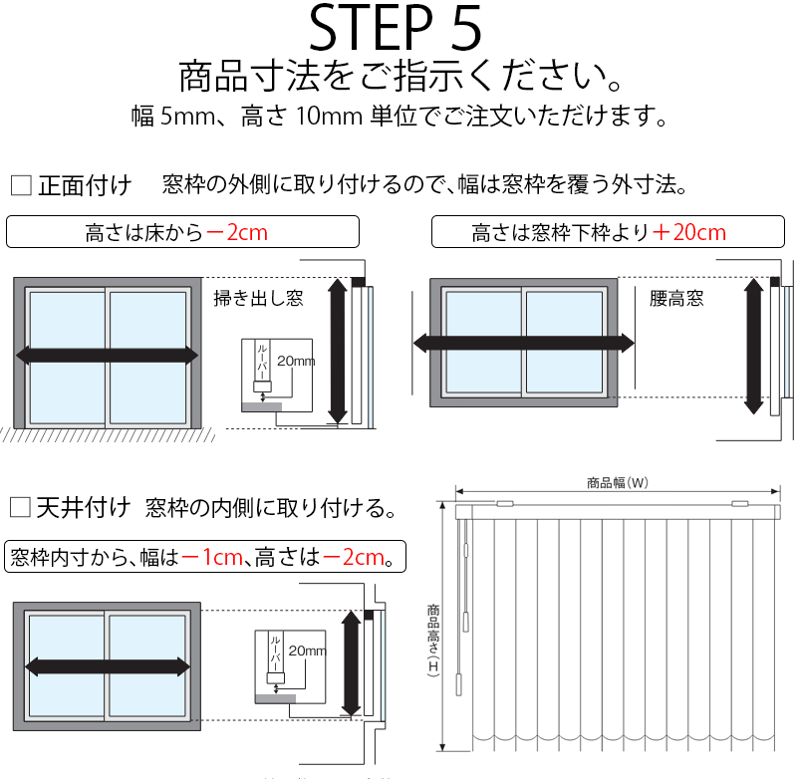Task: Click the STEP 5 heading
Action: tap(397, 29)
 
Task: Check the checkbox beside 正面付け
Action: tap(20, 185)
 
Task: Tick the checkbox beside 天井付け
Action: tap(20, 507)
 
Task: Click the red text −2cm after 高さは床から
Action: tap(236, 233)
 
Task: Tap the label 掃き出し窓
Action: tap(259, 298)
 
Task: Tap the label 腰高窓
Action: tap(676, 298)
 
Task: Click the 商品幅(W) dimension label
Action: tap(618, 483)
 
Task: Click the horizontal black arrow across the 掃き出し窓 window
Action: tap(108, 356)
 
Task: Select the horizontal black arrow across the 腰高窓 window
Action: tap(523, 344)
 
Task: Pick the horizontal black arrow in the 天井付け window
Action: tap(108, 665)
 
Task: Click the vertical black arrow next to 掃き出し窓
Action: tap(338, 351)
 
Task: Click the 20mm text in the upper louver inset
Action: tap(296, 361)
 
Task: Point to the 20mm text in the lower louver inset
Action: tap(307, 650)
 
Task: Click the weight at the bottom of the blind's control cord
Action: tap(460, 685)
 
